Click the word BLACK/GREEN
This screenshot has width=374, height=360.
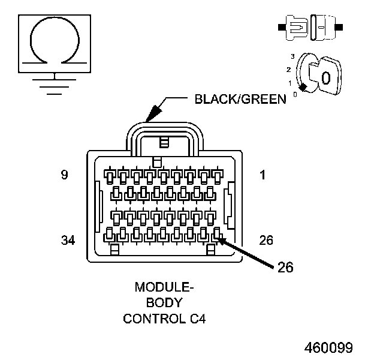[x=240, y=99]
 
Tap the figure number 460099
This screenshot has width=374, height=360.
[x=328, y=347]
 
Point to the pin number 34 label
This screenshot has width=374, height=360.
[x=68, y=240]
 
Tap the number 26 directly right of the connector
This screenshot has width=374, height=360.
[x=266, y=240]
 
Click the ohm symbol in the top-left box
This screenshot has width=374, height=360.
[x=55, y=40]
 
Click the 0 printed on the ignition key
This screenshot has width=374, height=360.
[x=325, y=77]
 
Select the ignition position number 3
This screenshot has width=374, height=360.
[x=292, y=56]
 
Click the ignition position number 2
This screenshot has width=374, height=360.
[x=288, y=70]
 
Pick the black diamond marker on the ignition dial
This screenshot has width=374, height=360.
[x=303, y=88]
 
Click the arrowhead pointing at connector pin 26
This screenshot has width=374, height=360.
[x=221, y=241]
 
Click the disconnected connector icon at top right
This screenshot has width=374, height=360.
[x=309, y=28]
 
